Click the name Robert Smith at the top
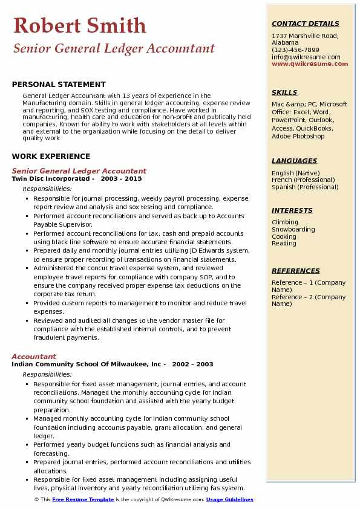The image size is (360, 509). [x=79, y=25]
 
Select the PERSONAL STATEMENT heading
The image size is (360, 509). [x=59, y=85]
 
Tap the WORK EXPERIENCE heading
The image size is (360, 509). [x=51, y=157]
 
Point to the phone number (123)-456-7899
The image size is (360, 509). [x=295, y=50]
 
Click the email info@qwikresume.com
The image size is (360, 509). [x=306, y=57]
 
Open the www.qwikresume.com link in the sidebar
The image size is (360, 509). [x=310, y=63]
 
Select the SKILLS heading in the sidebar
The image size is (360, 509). [x=284, y=93]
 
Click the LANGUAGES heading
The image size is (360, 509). [x=294, y=161]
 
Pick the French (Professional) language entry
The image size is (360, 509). [x=303, y=180]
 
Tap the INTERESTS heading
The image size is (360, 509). [x=292, y=211]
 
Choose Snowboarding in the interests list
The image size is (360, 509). [x=293, y=230]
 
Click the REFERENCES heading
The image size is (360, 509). [x=296, y=271]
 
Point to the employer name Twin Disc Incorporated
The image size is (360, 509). [x=51, y=179]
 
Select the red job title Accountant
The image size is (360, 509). [x=34, y=357]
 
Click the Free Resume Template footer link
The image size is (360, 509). [x=83, y=499]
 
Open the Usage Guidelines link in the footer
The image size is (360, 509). [x=229, y=499]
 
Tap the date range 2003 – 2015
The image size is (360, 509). [x=121, y=179]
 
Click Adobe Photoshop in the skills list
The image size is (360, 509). [x=298, y=137]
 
